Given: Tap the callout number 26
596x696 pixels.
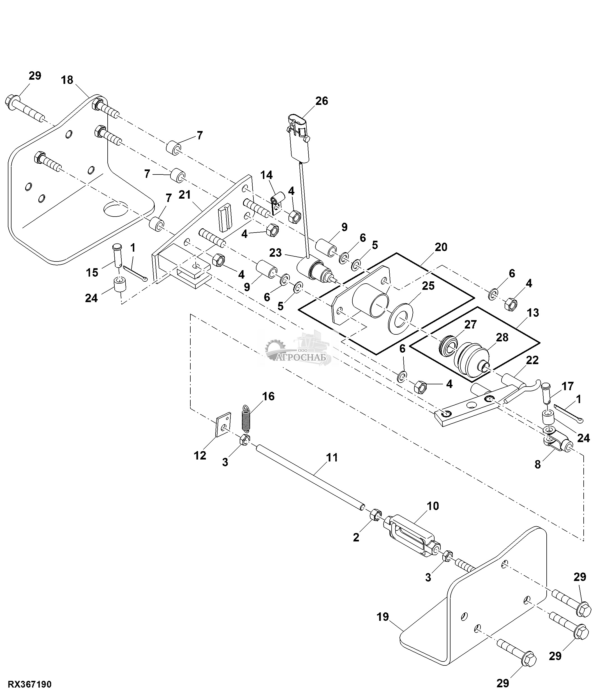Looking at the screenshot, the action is click(322, 101).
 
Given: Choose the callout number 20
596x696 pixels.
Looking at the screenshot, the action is click(441, 247).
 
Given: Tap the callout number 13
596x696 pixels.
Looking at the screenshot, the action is click(533, 313).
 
